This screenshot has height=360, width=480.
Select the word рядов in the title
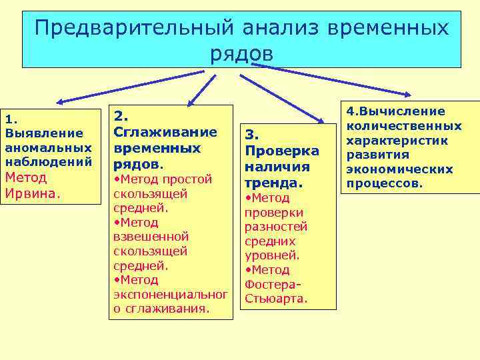(x=241, y=53)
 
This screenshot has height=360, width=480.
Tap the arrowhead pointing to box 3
(x=321, y=121)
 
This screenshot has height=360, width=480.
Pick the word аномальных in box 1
(x=48, y=147)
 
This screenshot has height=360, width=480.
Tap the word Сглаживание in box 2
(x=165, y=131)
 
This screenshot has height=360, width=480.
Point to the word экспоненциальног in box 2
(x=171, y=295)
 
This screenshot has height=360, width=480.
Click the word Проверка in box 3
(x=282, y=151)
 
